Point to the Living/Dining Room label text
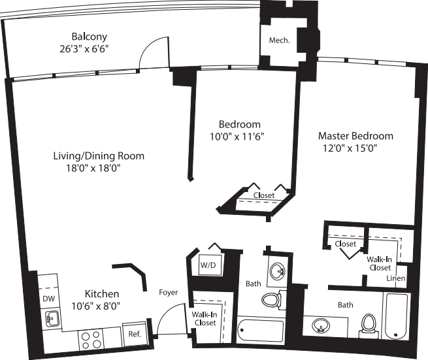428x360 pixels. pos(99,156)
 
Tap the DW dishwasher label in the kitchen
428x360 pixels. pos(48,299)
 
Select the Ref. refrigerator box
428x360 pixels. pos(135,333)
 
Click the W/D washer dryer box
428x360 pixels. pos(208,265)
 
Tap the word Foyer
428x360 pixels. pos(169,292)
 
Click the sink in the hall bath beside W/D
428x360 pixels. pos(278,270)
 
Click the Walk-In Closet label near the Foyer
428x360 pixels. pos(204,318)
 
